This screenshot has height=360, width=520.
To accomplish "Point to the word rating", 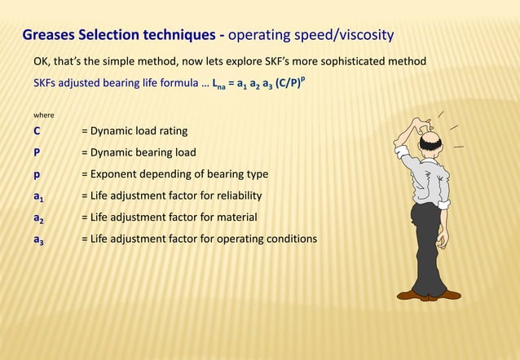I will point(172,130).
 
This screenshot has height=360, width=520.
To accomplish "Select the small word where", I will point(44,115).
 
